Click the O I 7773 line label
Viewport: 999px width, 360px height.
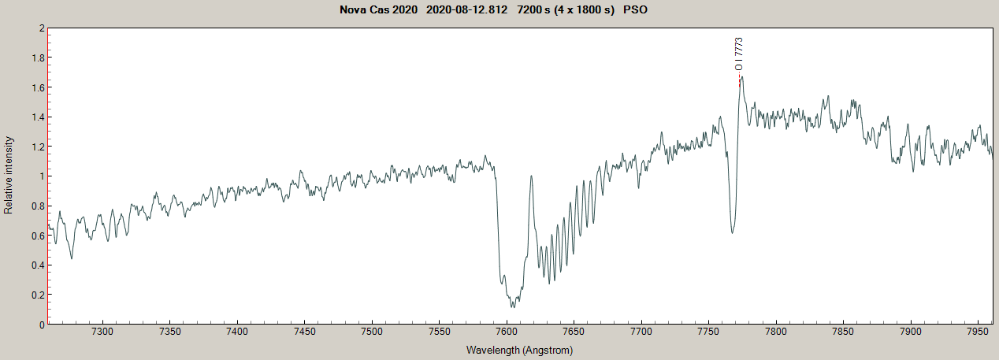(738, 54)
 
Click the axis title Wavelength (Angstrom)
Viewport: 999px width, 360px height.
(519, 349)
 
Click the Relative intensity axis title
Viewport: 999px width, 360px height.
(9, 175)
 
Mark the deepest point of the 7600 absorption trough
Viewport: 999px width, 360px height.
(512, 306)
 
